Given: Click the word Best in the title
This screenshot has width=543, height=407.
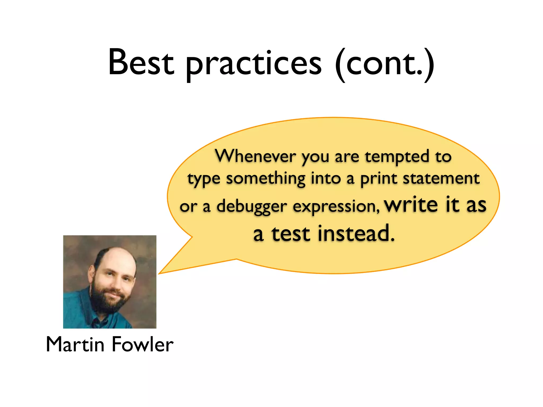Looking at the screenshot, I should tap(141, 62).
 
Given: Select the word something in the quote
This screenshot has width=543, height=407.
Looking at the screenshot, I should tap(265, 179).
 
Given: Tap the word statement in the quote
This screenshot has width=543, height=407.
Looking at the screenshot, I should tap(441, 179).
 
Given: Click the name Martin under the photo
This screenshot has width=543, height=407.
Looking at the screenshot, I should tap(75, 344).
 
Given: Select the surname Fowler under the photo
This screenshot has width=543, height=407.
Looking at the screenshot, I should tap(143, 344).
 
